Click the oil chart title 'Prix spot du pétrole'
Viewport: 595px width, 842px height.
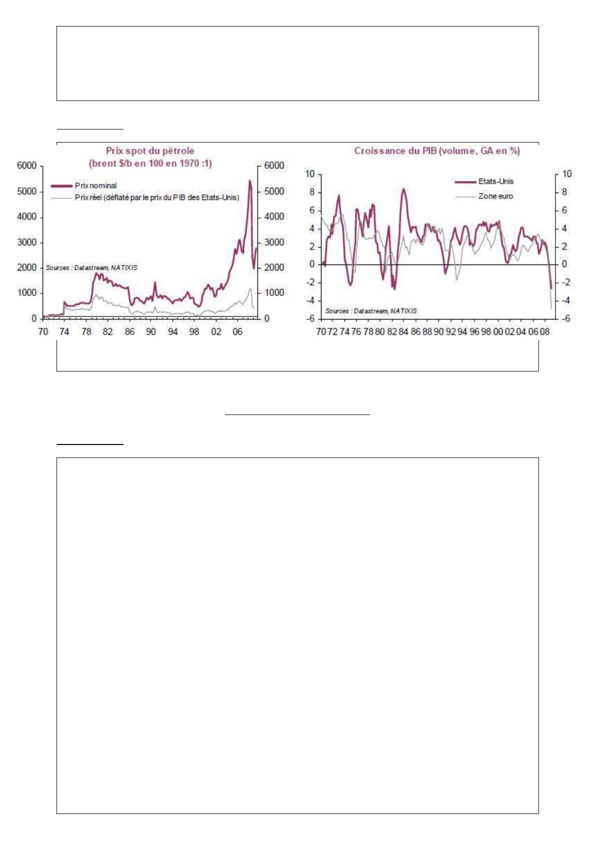coord(150,150)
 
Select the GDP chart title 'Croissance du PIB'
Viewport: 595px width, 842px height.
coord(437,150)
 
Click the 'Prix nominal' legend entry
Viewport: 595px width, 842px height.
coord(95,185)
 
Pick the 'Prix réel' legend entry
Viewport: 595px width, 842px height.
coord(156,197)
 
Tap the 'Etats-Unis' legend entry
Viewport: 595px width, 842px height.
coord(495,181)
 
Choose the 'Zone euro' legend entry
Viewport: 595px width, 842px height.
coord(495,196)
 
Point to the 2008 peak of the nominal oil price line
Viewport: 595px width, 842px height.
coord(249,180)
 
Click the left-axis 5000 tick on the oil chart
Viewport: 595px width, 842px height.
coord(27,191)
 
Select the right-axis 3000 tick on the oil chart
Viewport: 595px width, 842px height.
coord(274,242)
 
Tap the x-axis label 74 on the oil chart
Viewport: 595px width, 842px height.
coord(64,331)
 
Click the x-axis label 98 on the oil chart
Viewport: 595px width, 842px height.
coord(194,331)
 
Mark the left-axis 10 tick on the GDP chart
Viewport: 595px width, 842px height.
coord(310,174)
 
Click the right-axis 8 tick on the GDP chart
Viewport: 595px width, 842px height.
coord(564,192)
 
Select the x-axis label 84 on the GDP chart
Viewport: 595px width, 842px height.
coord(403,331)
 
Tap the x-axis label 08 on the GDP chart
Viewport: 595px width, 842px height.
coord(544,331)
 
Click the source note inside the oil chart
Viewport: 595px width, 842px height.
coord(91,268)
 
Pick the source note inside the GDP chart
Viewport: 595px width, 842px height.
coord(371,311)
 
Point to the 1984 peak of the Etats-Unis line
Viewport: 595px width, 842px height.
coord(403,189)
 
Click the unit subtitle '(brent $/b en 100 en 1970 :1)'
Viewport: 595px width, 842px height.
coord(150,163)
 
